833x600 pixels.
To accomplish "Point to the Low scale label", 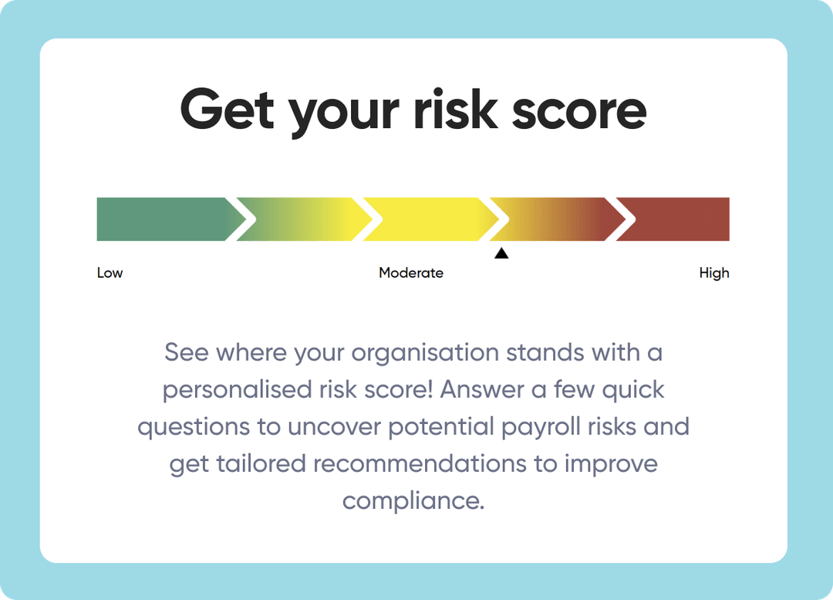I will (x=110, y=273).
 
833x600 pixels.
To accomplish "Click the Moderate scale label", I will (x=411, y=273).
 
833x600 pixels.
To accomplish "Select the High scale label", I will (x=713, y=273).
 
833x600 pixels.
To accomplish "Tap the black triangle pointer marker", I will (x=501, y=253).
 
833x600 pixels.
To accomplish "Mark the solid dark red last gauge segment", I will (x=679, y=219).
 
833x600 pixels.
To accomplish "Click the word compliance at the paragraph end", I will (x=413, y=501).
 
